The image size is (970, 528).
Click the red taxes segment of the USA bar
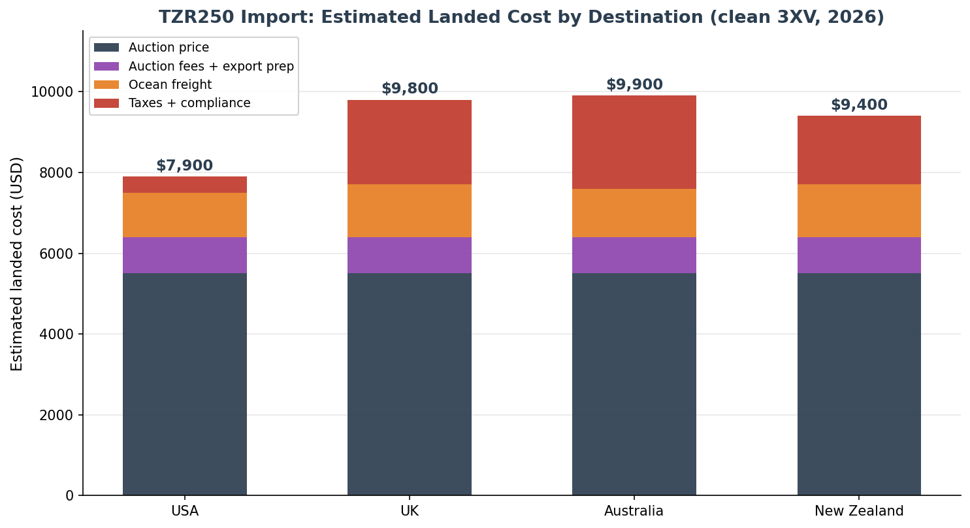(x=185, y=184)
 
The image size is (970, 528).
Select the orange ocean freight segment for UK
(x=409, y=211)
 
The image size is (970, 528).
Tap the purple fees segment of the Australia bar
(x=634, y=255)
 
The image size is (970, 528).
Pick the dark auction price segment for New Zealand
(x=859, y=384)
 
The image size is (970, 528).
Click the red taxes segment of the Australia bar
(x=634, y=142)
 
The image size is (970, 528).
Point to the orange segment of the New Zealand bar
(x=859, y=211)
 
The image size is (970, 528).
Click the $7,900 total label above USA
(x=185, y=165)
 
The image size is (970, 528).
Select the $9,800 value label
(x=410, y=88)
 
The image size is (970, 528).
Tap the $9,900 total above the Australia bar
(x=634, y=84)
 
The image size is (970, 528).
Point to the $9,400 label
(x=859, y=105)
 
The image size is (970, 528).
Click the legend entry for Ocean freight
(x=153, y=84)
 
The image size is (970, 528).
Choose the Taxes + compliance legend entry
(x=172, y=103)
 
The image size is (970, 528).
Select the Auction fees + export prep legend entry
(x=194, y=66)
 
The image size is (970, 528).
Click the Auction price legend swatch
(x=106, y=48)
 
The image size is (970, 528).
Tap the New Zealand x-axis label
(x=859, y=511)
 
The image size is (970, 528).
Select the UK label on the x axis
(x=410, y=511)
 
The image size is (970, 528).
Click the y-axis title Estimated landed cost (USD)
(x=16, y=264)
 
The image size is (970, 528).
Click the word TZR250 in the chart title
(x=196, y=18)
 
